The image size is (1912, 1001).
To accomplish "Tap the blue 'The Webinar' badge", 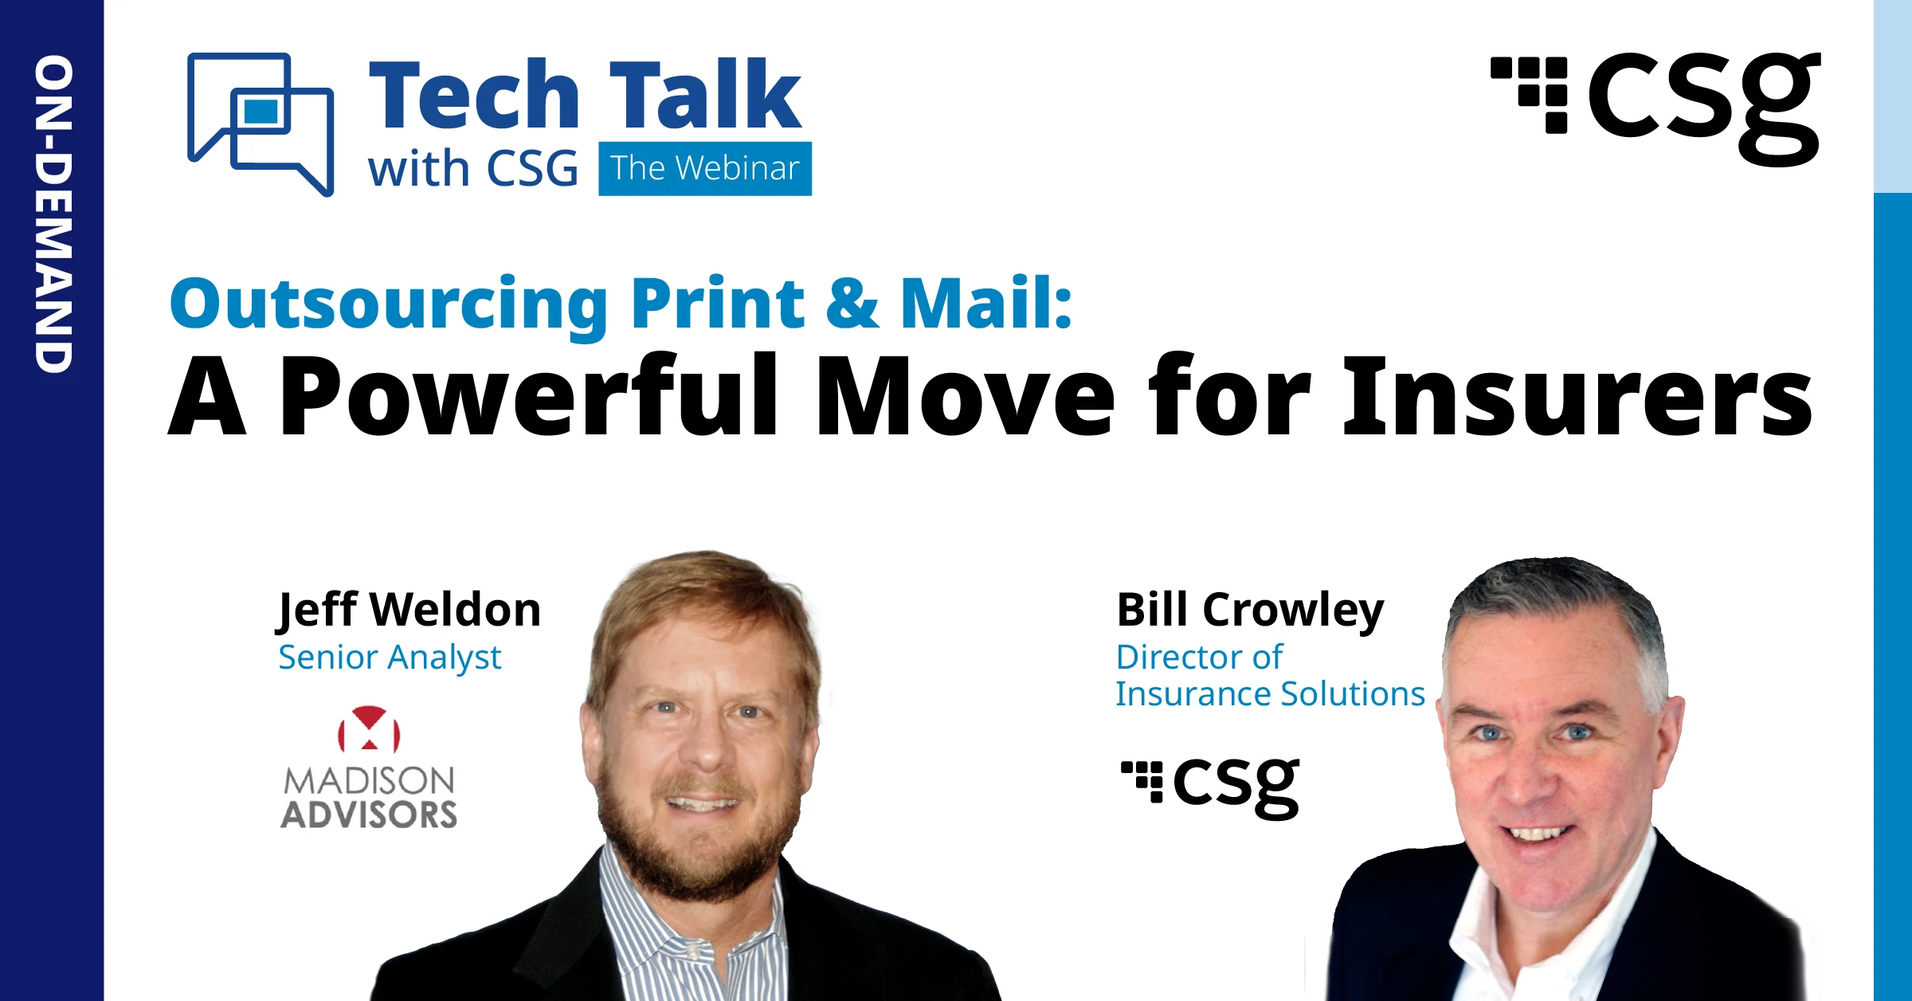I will click(704, 169).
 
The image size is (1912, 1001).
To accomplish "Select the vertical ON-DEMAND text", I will click(53, 214).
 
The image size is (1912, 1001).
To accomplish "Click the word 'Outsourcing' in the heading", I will click(389, 304).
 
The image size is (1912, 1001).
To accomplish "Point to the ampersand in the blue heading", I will click(852, 304).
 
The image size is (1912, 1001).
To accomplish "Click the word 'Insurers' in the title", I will click(1577, 397).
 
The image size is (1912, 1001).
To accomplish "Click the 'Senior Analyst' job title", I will click(390, 658).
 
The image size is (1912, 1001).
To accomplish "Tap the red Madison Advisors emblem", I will click(369, 729).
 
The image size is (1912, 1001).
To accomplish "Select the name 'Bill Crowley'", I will click(1250, 610).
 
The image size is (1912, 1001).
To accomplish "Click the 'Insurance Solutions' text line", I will click(1270, 694).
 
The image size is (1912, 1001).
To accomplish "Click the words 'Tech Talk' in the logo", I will click(585, 96).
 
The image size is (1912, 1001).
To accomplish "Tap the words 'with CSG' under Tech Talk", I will click(472, 170).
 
